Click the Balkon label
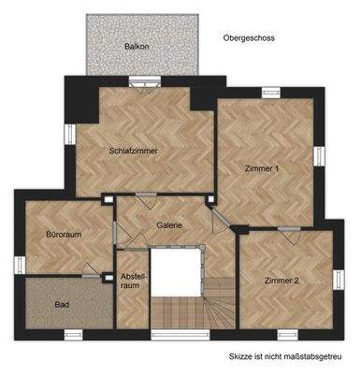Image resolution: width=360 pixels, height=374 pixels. coord(137,46)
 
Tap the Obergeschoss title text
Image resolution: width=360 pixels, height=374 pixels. coord(248,38)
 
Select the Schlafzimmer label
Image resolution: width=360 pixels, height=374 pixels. coord(133,151)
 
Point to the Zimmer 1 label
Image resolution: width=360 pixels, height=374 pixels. coord(262,168)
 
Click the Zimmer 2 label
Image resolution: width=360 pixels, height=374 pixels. coord(281,280)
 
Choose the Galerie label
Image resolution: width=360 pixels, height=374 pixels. coord(169,225)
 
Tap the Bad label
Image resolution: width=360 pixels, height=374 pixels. coord(63,305)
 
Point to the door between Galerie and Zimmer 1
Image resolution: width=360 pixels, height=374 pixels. coord(217,221)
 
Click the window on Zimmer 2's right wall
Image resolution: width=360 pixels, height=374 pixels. coord(337,278)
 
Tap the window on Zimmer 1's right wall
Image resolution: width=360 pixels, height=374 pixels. coord(320,155)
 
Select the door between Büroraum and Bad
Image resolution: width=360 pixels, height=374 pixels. coord(90,275)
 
